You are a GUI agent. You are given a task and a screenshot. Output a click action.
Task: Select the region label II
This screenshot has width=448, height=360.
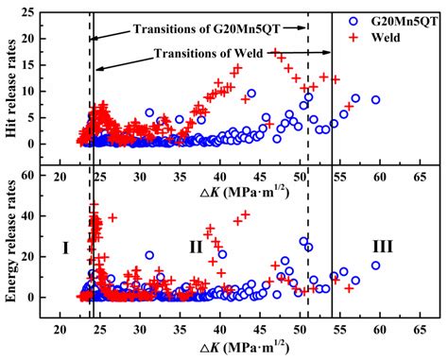[x=196, y=247]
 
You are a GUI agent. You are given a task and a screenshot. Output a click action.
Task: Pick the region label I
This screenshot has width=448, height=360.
[x=65, y=247]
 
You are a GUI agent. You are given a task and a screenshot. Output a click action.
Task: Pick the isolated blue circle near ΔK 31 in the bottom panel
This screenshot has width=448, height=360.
[x=149, y=255]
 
